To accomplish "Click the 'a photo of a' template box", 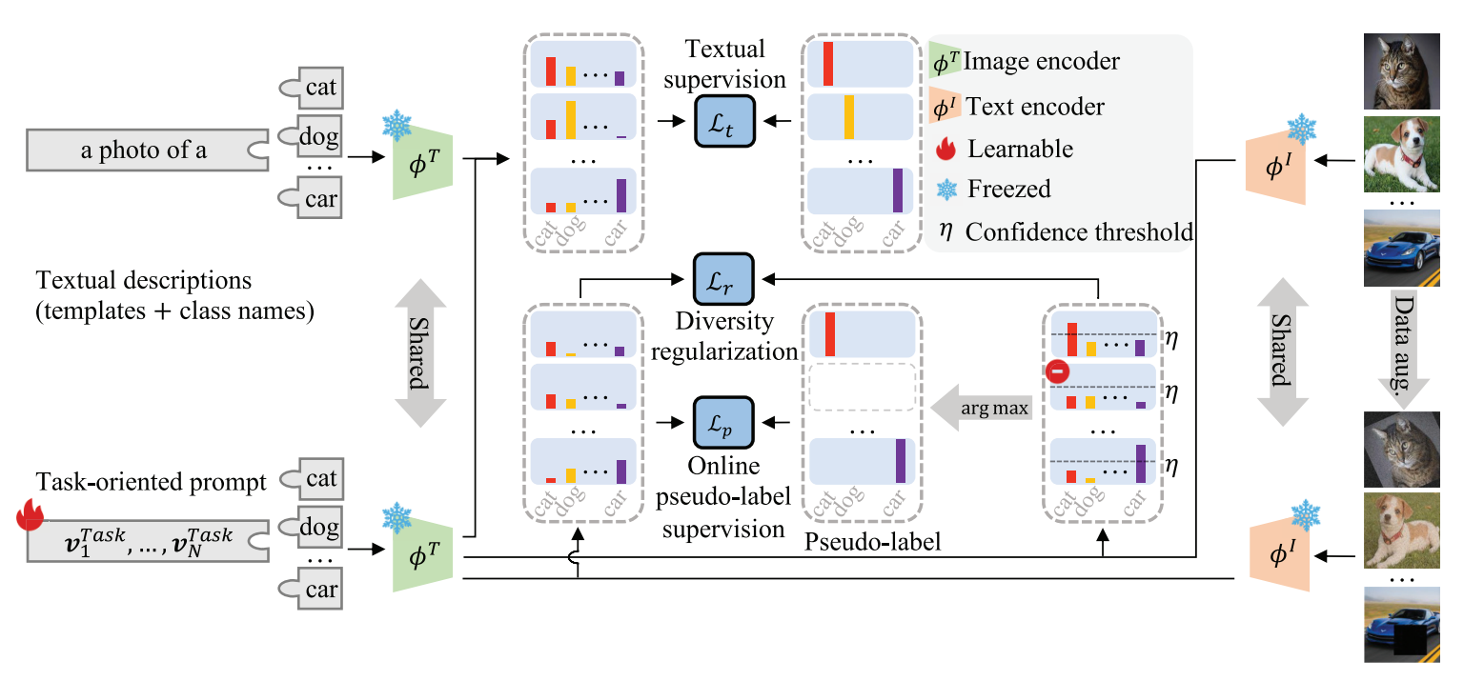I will click(143, 150).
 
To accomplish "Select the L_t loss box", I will click(724, 121).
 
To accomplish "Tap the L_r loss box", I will click(724, 278).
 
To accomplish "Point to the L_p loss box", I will click(724, 420).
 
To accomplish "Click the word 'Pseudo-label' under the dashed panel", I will click(858, 544).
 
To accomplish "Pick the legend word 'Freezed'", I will click(1009, 189).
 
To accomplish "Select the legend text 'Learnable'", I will click(1020, 150).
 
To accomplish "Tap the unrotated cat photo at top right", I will click(1400, 71).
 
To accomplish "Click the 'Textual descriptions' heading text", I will click(143, 282).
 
